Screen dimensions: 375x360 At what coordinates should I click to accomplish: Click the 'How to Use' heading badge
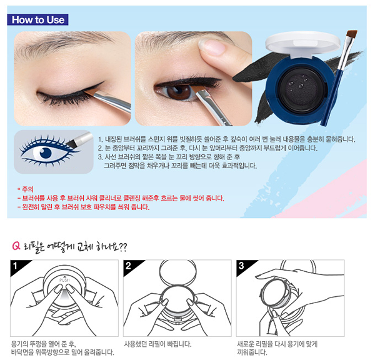[37, 19]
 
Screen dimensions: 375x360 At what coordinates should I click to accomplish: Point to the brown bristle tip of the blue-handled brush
[351, 34]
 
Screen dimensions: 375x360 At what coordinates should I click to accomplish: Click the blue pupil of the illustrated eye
[46, 153]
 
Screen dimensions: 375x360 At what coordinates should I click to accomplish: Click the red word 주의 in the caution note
[27, 189]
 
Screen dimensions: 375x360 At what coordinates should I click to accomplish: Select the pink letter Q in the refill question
[16, 246]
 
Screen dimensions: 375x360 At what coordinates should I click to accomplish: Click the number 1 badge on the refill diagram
[15, 266]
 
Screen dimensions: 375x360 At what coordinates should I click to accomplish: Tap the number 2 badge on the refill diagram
[128, 266]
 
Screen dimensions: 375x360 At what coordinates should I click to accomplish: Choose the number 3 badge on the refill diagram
[241, 266]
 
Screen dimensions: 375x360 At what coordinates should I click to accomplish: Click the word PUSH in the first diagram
[64, 280]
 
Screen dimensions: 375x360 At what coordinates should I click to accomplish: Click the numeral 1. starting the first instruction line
[101, 139]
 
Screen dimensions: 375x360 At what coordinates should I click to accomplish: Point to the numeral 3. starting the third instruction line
[100, 157]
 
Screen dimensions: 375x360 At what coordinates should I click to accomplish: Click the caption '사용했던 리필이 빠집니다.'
[157, 344]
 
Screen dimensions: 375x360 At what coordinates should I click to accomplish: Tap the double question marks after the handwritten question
[122, 247]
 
